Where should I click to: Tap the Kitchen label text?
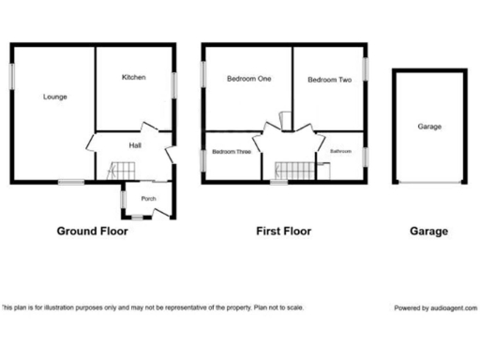point(133,78)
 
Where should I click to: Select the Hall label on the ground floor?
point(135,144)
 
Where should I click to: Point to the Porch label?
point(148,199)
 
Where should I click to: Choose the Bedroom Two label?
point(330,81)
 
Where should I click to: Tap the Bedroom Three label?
point(231,151)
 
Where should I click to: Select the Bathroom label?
point(340,150)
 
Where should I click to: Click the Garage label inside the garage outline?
point(429,127)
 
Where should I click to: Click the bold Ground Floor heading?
point(93,231)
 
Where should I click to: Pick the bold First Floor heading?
point(283,231)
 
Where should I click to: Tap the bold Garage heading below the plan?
point(428,231)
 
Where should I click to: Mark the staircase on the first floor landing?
point(294,171)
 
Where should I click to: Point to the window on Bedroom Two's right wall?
point(366,75)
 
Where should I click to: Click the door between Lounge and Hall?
point(90,145)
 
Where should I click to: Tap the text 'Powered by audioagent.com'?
point(435,307)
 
